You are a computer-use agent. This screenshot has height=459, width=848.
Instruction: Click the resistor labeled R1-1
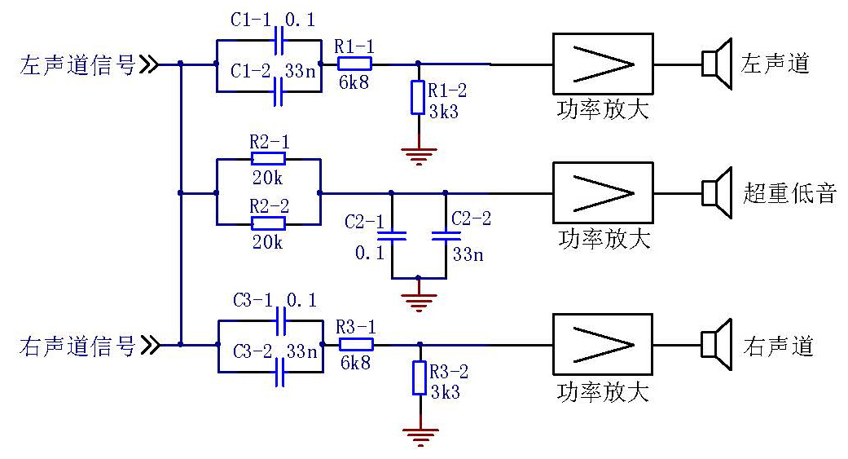point(354,63)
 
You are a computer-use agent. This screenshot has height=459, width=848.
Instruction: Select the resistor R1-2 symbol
point(417,97)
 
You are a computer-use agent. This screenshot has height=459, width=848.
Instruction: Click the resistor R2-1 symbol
point(268,160)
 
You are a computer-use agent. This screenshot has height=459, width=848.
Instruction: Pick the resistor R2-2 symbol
point(268,223)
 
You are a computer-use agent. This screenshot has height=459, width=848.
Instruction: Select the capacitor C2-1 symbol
point(392,236)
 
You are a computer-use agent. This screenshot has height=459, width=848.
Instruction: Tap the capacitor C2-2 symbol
point(446,236)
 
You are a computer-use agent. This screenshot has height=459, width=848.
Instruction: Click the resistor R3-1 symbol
point(356,344)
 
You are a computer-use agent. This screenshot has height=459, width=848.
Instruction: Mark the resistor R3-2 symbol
point(419,378)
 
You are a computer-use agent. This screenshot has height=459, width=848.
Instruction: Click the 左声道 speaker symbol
point(714,64)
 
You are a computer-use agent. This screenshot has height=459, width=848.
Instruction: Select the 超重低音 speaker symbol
point(714,192)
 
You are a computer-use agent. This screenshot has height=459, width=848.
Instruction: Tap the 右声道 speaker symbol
point(714,344)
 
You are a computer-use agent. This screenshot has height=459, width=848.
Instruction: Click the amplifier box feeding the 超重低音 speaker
point(602,192)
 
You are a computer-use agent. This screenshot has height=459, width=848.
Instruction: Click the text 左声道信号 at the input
point(77,64)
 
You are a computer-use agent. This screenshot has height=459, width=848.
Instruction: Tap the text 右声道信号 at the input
point(77,346)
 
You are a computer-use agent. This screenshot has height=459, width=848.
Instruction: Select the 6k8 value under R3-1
point(356,363)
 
